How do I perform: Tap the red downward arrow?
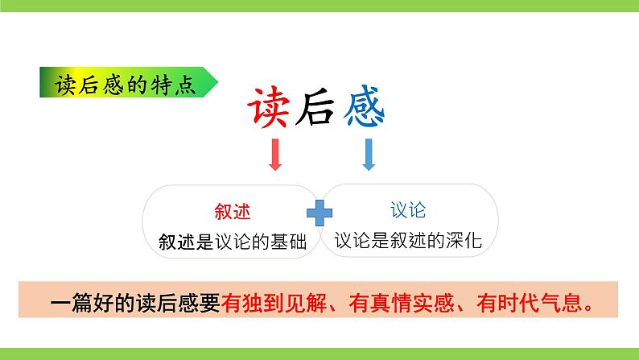[x=274, y=154]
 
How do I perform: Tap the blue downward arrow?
[x=369, y=154]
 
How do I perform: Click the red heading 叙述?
[x=233, y=211]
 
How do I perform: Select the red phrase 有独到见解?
[x=275, y=305]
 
